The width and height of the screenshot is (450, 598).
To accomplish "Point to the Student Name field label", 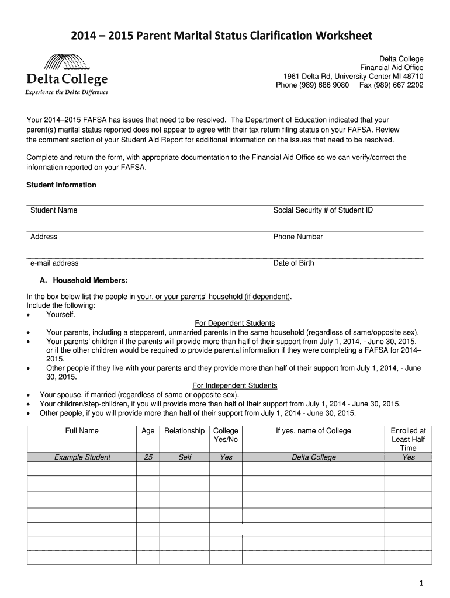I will click(54, 210).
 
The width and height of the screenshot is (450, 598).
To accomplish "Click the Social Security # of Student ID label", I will click(323, 210).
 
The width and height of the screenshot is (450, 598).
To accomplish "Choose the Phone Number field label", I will click(298, 237).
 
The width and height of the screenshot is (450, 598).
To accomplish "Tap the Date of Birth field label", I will click(293, 263).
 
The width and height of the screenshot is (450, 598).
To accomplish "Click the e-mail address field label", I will click(54, 263).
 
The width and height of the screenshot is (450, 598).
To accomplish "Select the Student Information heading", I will click(61, 185).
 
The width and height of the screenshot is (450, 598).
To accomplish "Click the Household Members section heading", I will click(86, 280).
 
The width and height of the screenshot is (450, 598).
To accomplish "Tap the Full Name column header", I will click(82, 431).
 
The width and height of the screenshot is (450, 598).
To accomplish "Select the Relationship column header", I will click(185, 431).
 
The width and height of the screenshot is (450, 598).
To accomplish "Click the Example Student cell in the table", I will click(82, 457).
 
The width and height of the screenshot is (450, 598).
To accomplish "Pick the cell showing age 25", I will click(148, 457).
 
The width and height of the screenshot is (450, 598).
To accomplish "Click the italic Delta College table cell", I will click(314, 457).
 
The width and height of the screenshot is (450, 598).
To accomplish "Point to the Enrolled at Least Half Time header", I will click(408, 439).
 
